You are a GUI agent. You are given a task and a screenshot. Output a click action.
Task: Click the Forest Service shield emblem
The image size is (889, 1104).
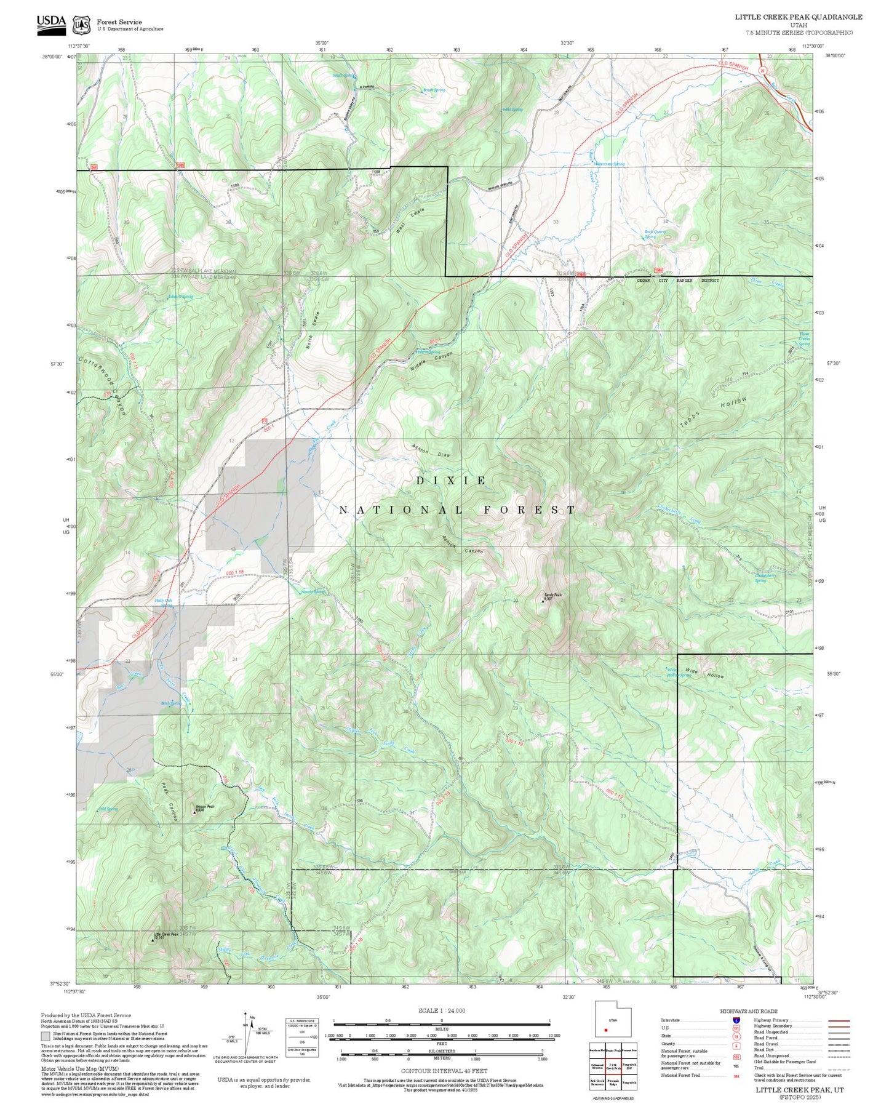pos(81,25)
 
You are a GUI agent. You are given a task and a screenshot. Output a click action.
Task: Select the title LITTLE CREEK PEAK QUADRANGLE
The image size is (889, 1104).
pos(798,17)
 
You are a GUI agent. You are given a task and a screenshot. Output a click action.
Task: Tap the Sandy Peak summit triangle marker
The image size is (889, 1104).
pos(543,601)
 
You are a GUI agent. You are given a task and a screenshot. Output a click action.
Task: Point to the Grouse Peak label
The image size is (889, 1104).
pos(205,807)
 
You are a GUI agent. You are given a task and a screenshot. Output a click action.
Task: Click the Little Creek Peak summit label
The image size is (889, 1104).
pos(166,935)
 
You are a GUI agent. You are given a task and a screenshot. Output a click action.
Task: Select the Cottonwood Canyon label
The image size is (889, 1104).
pos(102,385)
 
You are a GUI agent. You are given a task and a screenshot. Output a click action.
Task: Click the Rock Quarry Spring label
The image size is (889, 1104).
pos(655,234)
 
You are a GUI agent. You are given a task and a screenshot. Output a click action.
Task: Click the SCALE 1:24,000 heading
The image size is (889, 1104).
pos(441,1010)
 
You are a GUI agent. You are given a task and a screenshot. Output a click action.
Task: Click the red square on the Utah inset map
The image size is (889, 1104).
pos(606,1030)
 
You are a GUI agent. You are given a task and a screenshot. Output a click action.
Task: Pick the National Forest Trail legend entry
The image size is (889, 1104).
pos(681,1075)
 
